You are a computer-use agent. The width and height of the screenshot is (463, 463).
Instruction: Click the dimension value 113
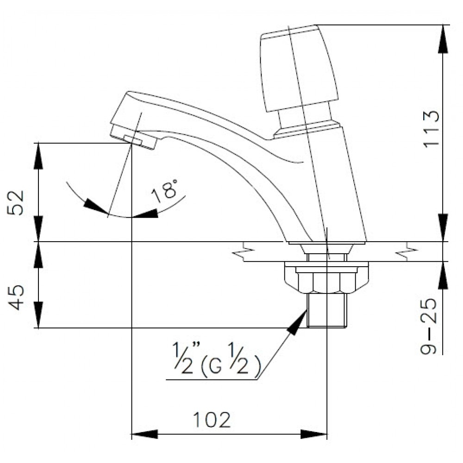point(430,129)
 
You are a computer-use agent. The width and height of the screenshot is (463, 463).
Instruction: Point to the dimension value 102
point(211,419)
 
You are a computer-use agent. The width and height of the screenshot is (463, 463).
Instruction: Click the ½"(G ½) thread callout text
point(213,366)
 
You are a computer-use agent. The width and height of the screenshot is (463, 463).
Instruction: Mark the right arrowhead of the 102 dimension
point(315,434)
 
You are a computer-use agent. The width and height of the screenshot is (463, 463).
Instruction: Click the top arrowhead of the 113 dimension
point(444,37)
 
